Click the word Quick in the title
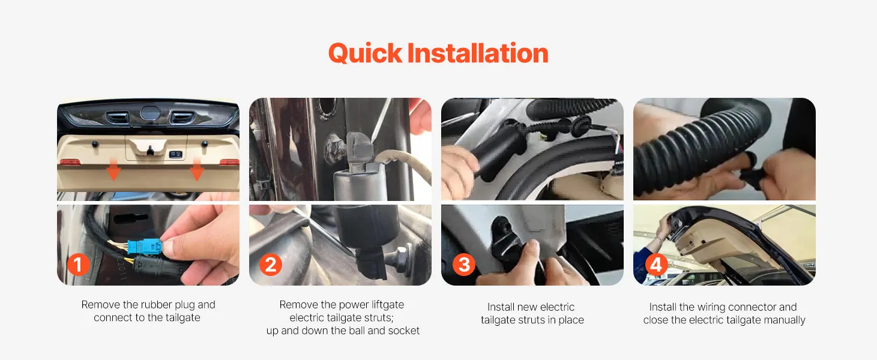pyautogui.click(x=366, y=53)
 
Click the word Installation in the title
pyautogui.click(x=478, y=53)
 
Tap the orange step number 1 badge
pyautogui.click(x=78, y=265)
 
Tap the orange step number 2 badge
pyautogui.click(x=271, y=265)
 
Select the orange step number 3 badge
pyautogui.click(x=464, y=265)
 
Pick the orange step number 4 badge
pyautogui.click(x=656, y=265)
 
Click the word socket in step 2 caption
pyautogui.click(x=403, y=331)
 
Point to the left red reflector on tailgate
pyautogui.click(x=70, y=162)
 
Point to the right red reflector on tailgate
pyautogui.click(x=229, y=162)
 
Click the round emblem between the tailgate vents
pyautogui.click(x=150, y=113)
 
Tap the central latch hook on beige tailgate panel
pyautogui.click(x=149, y=150)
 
